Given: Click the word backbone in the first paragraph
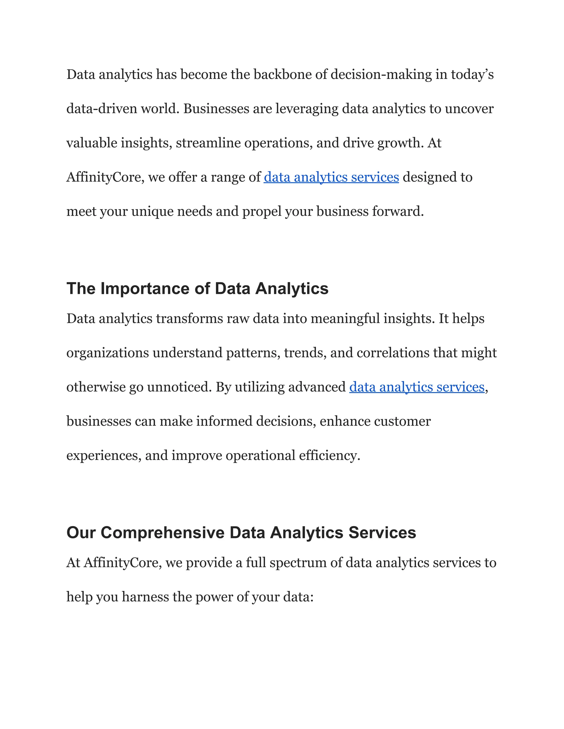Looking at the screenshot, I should point(282,75).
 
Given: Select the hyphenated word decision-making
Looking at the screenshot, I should point(381,75).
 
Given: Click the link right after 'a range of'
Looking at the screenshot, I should point(331,177).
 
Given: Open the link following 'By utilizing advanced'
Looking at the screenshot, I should point(417,387).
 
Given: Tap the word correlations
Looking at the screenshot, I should point(393,353).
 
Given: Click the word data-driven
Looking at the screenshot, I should point(102,109).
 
